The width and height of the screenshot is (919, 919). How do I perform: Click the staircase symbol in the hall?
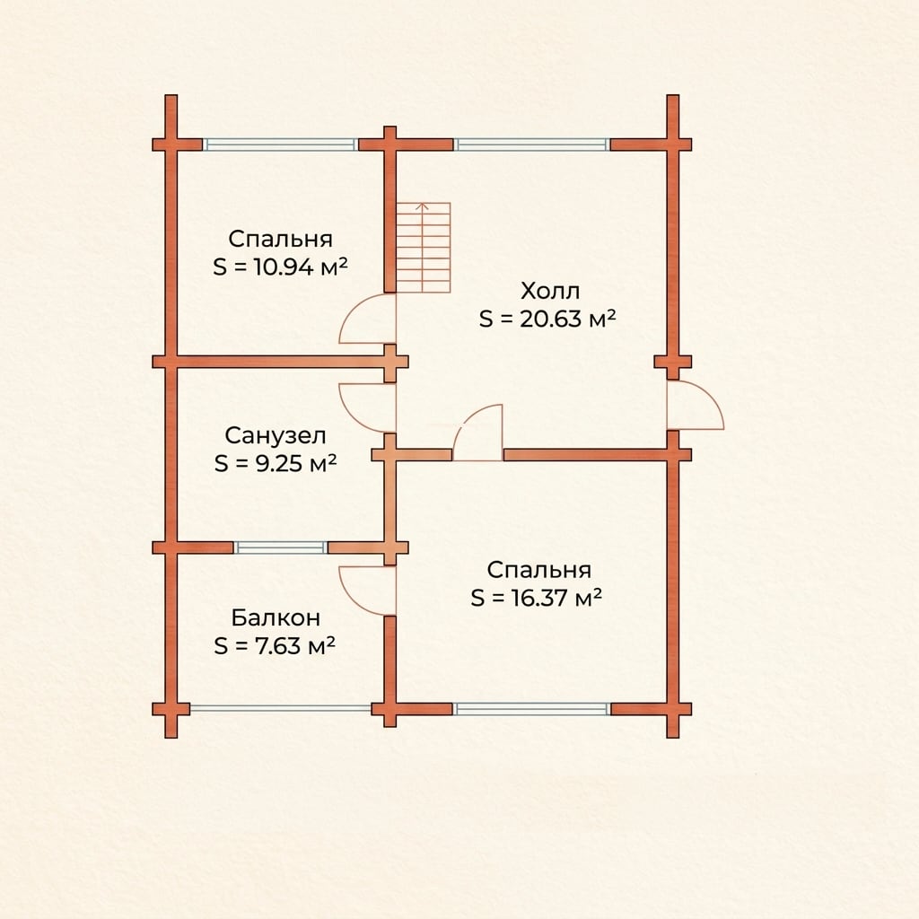pos(424,248)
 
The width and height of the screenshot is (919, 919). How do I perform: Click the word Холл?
pos(550,291)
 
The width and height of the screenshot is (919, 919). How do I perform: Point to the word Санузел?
pos(276,435)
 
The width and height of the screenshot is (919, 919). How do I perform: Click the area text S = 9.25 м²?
pos(276,464)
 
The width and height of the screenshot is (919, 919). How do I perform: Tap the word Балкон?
pos(276,617)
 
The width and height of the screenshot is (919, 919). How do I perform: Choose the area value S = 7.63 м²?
pos(275,646)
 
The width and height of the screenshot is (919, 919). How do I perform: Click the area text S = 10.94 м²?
pos(280,267)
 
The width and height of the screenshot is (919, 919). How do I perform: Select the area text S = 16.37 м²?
pos(537,599)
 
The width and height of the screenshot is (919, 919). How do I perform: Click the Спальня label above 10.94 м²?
pos(280,239)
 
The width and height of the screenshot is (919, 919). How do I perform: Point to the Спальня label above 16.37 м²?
pos(538,570)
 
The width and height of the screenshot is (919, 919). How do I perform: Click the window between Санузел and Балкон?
pos(280,547)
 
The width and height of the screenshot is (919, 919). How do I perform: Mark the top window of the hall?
pos(531,144)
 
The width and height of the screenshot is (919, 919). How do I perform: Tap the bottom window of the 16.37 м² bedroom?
pos(531,709)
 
